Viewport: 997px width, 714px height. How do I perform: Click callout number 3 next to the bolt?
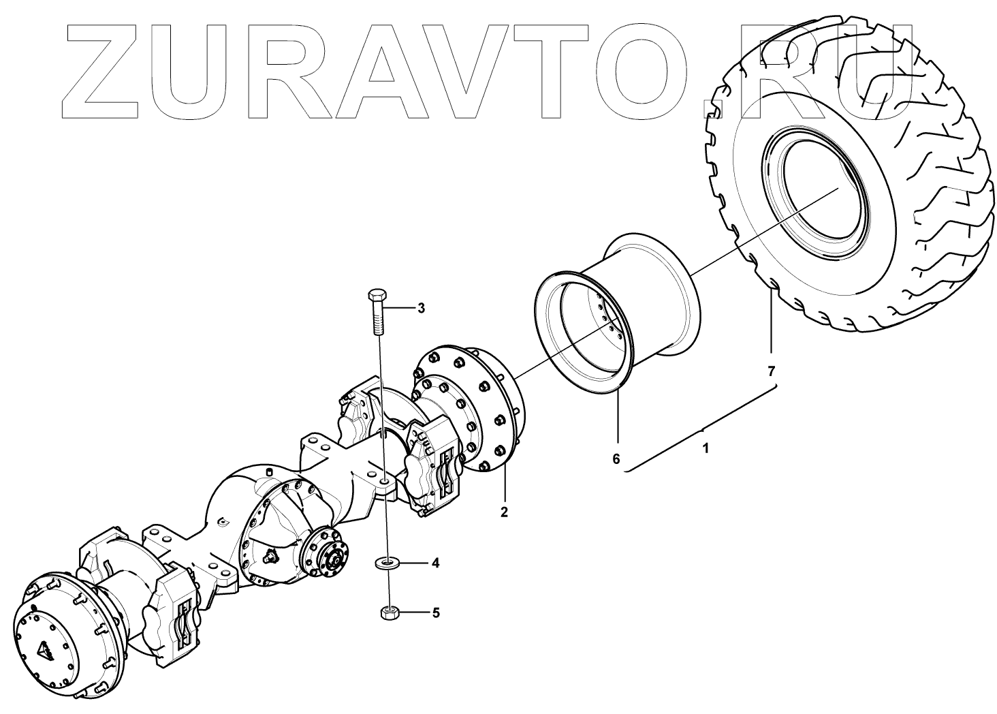click(421, 309)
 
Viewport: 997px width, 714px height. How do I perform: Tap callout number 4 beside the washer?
click(434, 563)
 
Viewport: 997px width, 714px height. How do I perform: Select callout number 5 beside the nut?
click(435, 612)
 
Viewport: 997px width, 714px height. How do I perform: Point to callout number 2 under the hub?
click(504, 512)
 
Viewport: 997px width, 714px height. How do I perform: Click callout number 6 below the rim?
click(616, 459)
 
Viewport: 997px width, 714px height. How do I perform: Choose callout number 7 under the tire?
click(772, 371)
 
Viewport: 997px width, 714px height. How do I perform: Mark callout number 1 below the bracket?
click(706, 450)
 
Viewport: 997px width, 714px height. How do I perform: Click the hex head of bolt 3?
click(377, 298)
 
